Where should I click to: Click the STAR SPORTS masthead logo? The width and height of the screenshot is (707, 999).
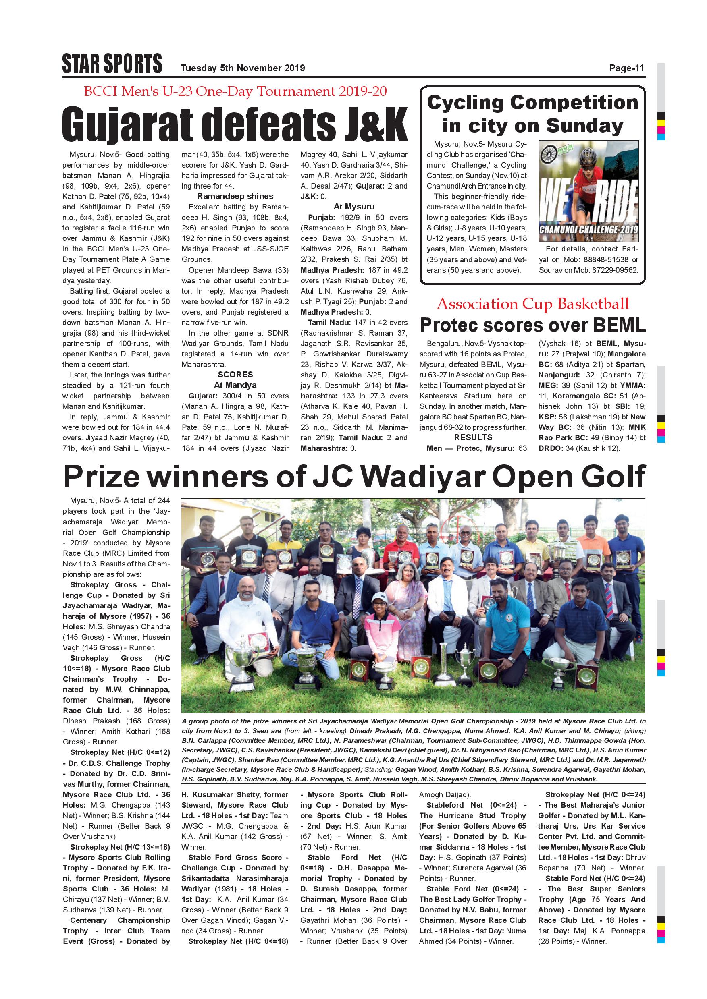tap(112, 64)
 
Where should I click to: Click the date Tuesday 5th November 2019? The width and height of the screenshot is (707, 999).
tap(243, 68)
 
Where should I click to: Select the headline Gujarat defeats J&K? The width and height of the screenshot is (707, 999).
tap(235, 124)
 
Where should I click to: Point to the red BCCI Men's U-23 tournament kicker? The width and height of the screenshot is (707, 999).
tap(235, 91)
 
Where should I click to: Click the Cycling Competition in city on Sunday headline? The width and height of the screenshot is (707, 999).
tap(532, 114)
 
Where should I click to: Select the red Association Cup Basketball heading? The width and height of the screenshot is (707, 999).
tap(533, 304)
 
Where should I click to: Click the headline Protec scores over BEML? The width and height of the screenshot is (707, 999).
tap(532, 325)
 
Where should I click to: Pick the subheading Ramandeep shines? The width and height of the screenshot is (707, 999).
tap(235, 196)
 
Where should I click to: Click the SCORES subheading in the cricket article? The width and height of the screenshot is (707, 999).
tap(235, 375)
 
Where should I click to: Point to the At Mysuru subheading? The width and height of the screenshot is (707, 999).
tap(354, 207)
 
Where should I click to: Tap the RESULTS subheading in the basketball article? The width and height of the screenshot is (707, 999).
tap(473, 437)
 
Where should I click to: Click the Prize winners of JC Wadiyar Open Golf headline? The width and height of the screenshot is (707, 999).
tap(354, 477)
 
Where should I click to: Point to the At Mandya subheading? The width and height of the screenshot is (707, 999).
tap(235, 385)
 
